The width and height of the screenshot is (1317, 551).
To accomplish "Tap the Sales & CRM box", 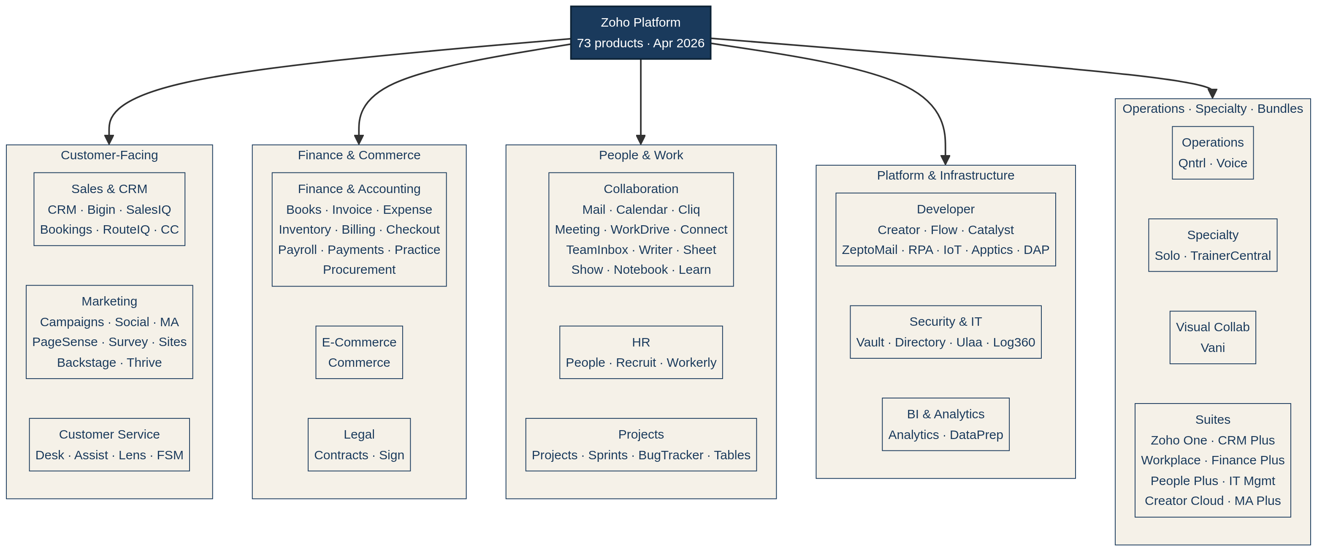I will (109, 209).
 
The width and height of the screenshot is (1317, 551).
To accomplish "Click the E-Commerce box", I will (359, 352).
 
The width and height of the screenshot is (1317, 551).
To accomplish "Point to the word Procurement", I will (359, 270).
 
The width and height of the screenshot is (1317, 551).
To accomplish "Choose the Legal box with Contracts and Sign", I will (359, 444).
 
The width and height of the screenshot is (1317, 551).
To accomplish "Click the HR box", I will (641, 352).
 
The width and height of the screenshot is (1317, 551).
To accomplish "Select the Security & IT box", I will (945, 332).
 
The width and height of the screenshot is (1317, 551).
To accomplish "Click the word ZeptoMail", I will (869, 250).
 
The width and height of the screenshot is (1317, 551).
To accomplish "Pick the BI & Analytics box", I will (945, 424).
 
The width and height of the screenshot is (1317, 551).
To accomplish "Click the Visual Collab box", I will (1212, 337).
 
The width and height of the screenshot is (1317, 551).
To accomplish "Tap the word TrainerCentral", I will (1230, 256).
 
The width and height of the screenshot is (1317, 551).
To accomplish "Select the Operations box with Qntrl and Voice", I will (1212, 153).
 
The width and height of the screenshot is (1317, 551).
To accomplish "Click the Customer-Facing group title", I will (109, 155).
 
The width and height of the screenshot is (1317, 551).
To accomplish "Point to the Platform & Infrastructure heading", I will (945, 175).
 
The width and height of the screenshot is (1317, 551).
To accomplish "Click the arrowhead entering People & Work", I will (641, 140).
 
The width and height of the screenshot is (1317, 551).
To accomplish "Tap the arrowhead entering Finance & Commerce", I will (359, 140).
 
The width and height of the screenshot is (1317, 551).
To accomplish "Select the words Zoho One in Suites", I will (1179, 440).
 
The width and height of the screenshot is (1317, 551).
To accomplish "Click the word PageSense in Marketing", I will (65, 342).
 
